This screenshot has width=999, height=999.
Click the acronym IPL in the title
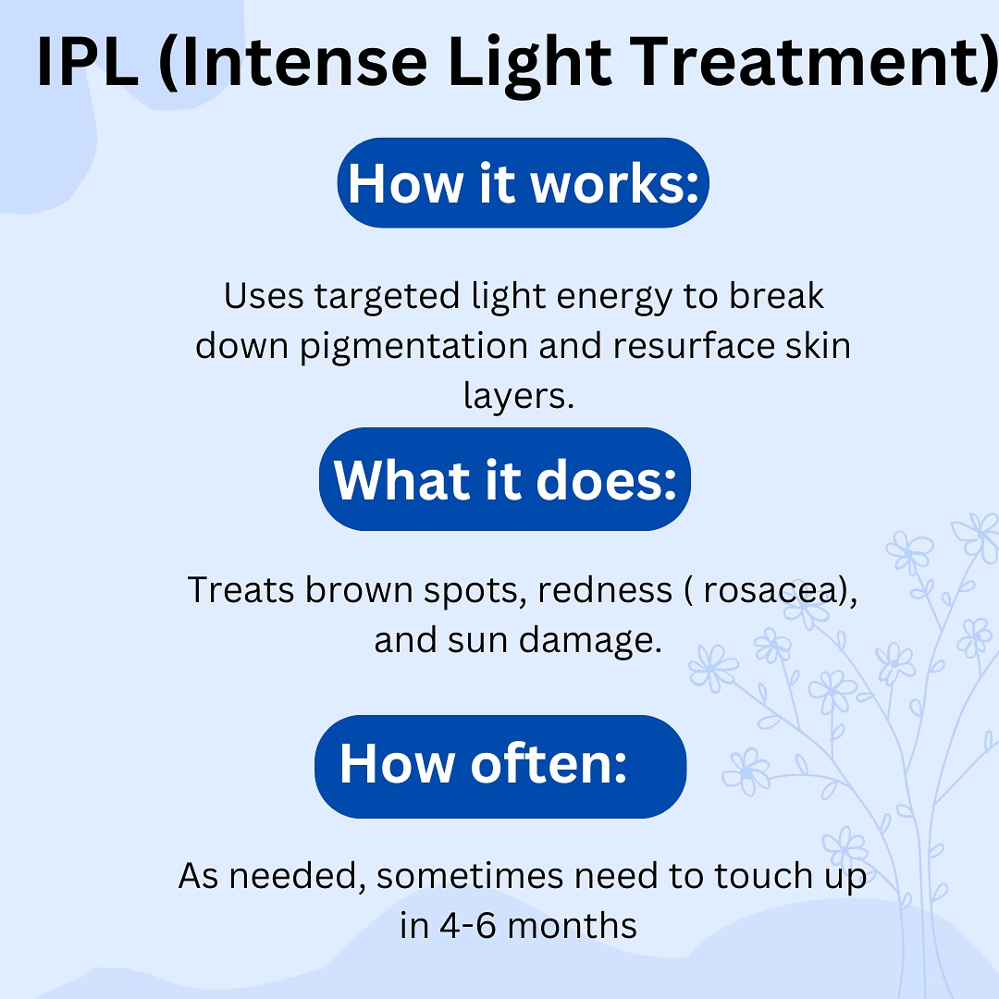pyautogui.click(x=88, y=62)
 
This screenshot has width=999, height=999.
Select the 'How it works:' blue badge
pyautogui.click(x=523, y=183)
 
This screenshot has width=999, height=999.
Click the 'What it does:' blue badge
pyautogui.click(x=505, y=479)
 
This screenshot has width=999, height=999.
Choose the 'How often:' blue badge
pyautogui.click(x=500, y=767)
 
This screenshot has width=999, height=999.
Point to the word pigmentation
pyautogui.click(x=413, y=348)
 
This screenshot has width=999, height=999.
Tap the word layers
pyautogui.click(x=519, y=397)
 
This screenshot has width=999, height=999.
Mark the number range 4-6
pyautogui.click(x=468, y=926)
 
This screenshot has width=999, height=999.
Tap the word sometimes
pyautogui.click(x=470, y=876)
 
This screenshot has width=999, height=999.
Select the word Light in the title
pyautogui.click(x=529, y=63)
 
